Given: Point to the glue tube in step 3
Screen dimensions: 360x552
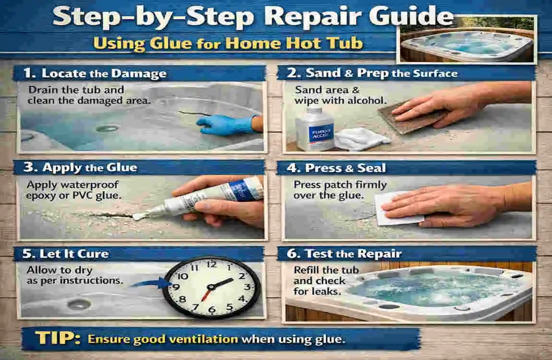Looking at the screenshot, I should click(211, 197).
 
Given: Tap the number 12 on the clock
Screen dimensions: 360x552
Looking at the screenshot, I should click(211, 264).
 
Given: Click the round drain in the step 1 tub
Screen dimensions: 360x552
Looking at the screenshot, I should click(107, 129).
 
